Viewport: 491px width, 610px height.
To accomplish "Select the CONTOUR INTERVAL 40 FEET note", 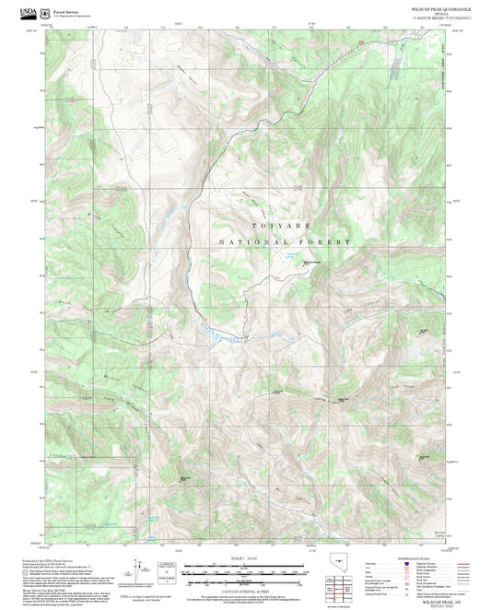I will pos(245,584).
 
